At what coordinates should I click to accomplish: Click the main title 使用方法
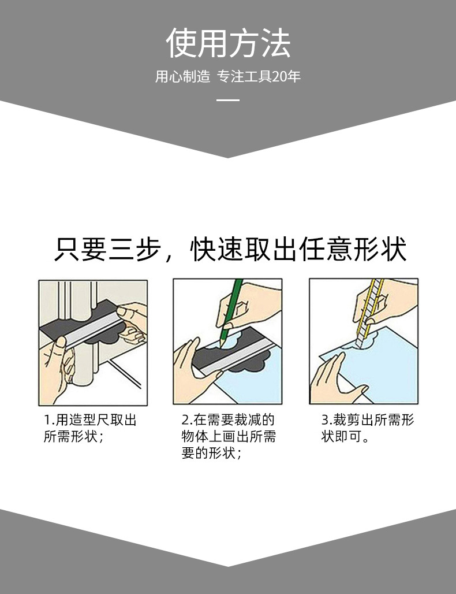[x=228, y=43]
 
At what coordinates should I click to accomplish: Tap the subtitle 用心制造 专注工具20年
[x=228, y=76]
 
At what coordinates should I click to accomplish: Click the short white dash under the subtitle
[x=228, y=100]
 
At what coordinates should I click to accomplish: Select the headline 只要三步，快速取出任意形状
[x=230, y=249]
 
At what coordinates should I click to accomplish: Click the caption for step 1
[x=90, y=428]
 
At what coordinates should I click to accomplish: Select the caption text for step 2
[x=229, y=436]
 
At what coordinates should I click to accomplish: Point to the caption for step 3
[x=368, y=428]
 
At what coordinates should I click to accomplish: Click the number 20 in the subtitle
[x=279, y=77]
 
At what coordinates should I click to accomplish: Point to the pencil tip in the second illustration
[x=220, y=343]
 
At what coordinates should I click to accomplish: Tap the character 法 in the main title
[x=275, y=43]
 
